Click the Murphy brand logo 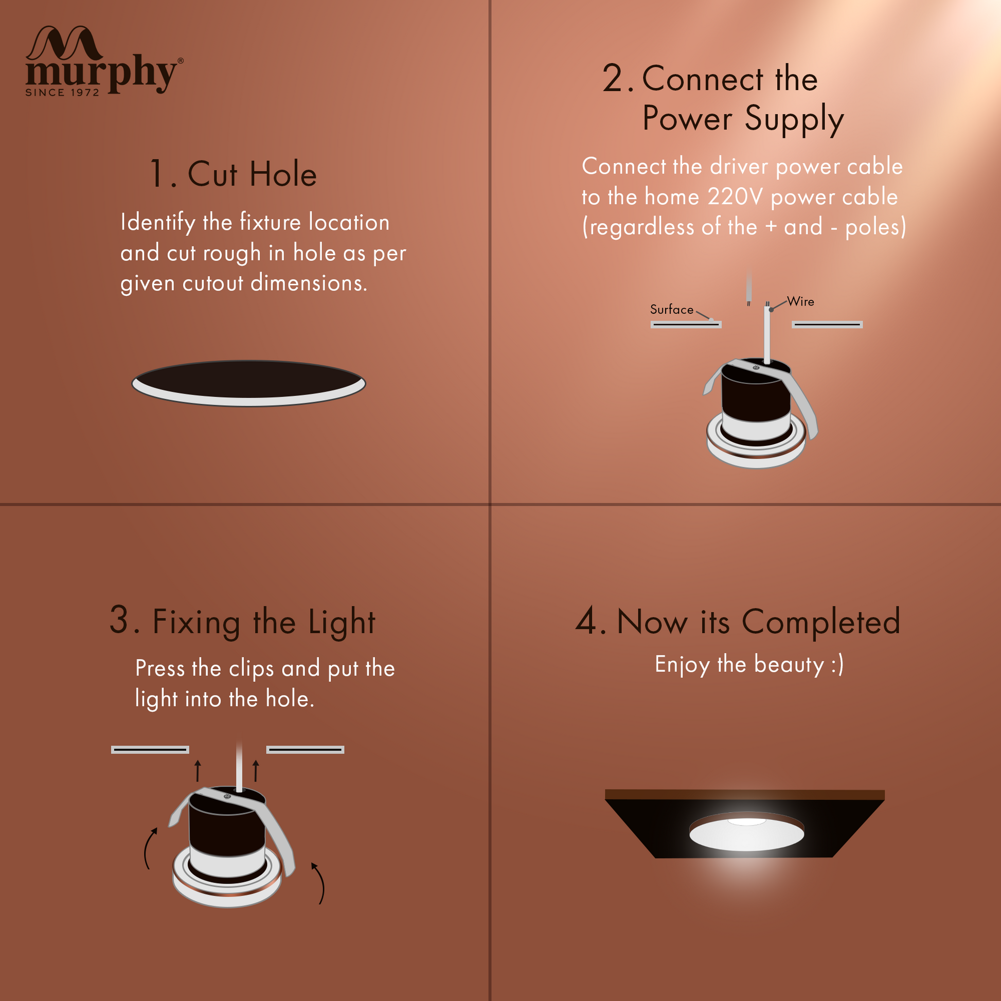tap(104, 60)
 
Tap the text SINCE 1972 tap(62, 93)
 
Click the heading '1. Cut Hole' tap(233, 173)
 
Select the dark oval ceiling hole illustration tap(248, 383)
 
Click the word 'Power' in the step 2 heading tap(687, 118)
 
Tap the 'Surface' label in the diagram tap(671, 309)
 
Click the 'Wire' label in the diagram tap(800, 301)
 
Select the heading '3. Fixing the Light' tap(242, 622)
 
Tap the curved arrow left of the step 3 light tap(149, 848)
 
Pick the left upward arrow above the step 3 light tap(198, 771)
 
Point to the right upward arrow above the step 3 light tap(256, 771)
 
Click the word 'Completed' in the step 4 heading tap(821, 621)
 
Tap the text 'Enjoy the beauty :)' tap(749, 665)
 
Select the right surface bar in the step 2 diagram tap(828, 325)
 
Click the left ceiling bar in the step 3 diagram tap(150, 749)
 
